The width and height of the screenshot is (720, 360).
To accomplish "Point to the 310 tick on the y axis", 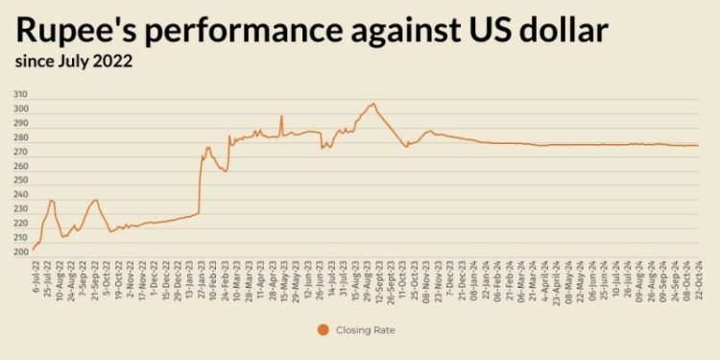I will pos(21,95).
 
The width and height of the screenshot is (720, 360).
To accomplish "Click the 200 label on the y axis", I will pos(21,252).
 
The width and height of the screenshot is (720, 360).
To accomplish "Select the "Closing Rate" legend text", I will pos(366,330).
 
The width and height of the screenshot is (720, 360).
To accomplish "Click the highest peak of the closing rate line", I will pos(373,104).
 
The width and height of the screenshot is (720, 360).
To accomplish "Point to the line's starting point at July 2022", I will pos(34,250).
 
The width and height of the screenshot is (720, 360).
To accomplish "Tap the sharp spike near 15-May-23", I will pos(281,117).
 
